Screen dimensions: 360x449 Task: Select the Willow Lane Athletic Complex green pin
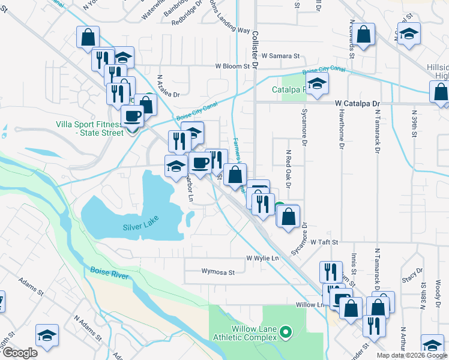[x=286, y=331]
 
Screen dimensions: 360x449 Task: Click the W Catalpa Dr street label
[x=358, y=103]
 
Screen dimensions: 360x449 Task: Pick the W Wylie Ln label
[x=263, y=258]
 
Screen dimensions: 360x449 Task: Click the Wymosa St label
[x=217, y=272]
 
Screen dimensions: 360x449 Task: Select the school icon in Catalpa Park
[x=317, y=85]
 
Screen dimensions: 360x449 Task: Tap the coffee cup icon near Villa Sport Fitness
[x=133, y=116]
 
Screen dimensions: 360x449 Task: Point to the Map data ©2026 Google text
[x=412, y=355]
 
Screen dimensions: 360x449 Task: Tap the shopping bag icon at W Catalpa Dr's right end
[x=441, y=93]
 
